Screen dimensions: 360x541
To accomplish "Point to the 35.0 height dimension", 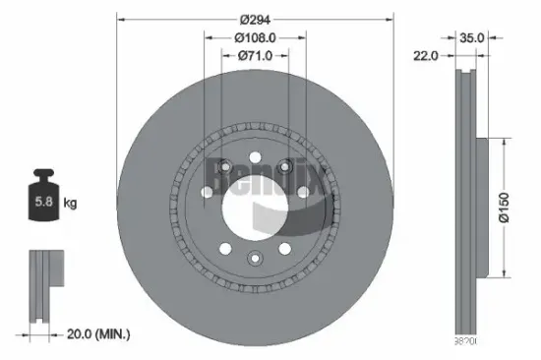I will click(473, 37).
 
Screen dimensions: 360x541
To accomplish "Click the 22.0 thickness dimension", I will click(426, 57).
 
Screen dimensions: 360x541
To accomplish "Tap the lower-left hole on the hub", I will click(222, 249).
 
